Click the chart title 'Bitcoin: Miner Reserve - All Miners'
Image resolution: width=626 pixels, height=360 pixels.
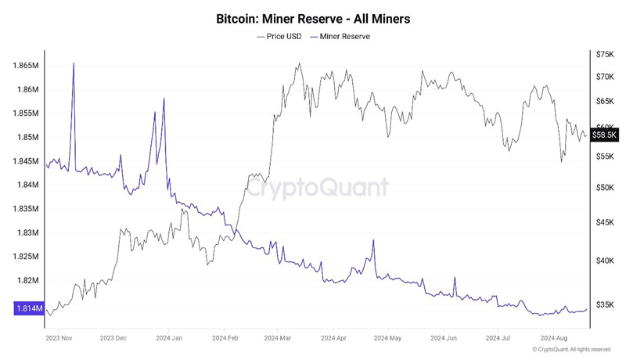[313, 17]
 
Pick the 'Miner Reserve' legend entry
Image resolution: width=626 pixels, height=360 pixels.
[340, 36]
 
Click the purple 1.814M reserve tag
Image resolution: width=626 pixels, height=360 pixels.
[27, 309]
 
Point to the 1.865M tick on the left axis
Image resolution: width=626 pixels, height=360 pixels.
[25, 66]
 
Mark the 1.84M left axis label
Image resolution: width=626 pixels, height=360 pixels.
[27, 185]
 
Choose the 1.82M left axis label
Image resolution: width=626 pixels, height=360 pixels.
[27, 280]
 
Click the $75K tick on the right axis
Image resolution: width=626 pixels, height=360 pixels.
[606, 54]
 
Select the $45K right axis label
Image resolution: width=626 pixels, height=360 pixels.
[606, 223]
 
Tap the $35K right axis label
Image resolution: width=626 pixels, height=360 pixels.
[606, 304]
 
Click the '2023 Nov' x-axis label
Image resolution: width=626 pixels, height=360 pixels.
[60, 339]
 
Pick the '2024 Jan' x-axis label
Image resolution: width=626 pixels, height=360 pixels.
[170, 339]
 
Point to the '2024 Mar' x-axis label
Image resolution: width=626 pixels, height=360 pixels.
[279, 339]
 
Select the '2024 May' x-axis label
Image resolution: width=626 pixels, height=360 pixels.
[388, 339]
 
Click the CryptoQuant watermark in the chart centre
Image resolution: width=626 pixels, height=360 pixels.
[317, 186]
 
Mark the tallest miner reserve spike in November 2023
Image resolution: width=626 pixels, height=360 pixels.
[74, 63]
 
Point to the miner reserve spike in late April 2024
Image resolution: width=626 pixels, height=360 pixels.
[373, 240]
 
